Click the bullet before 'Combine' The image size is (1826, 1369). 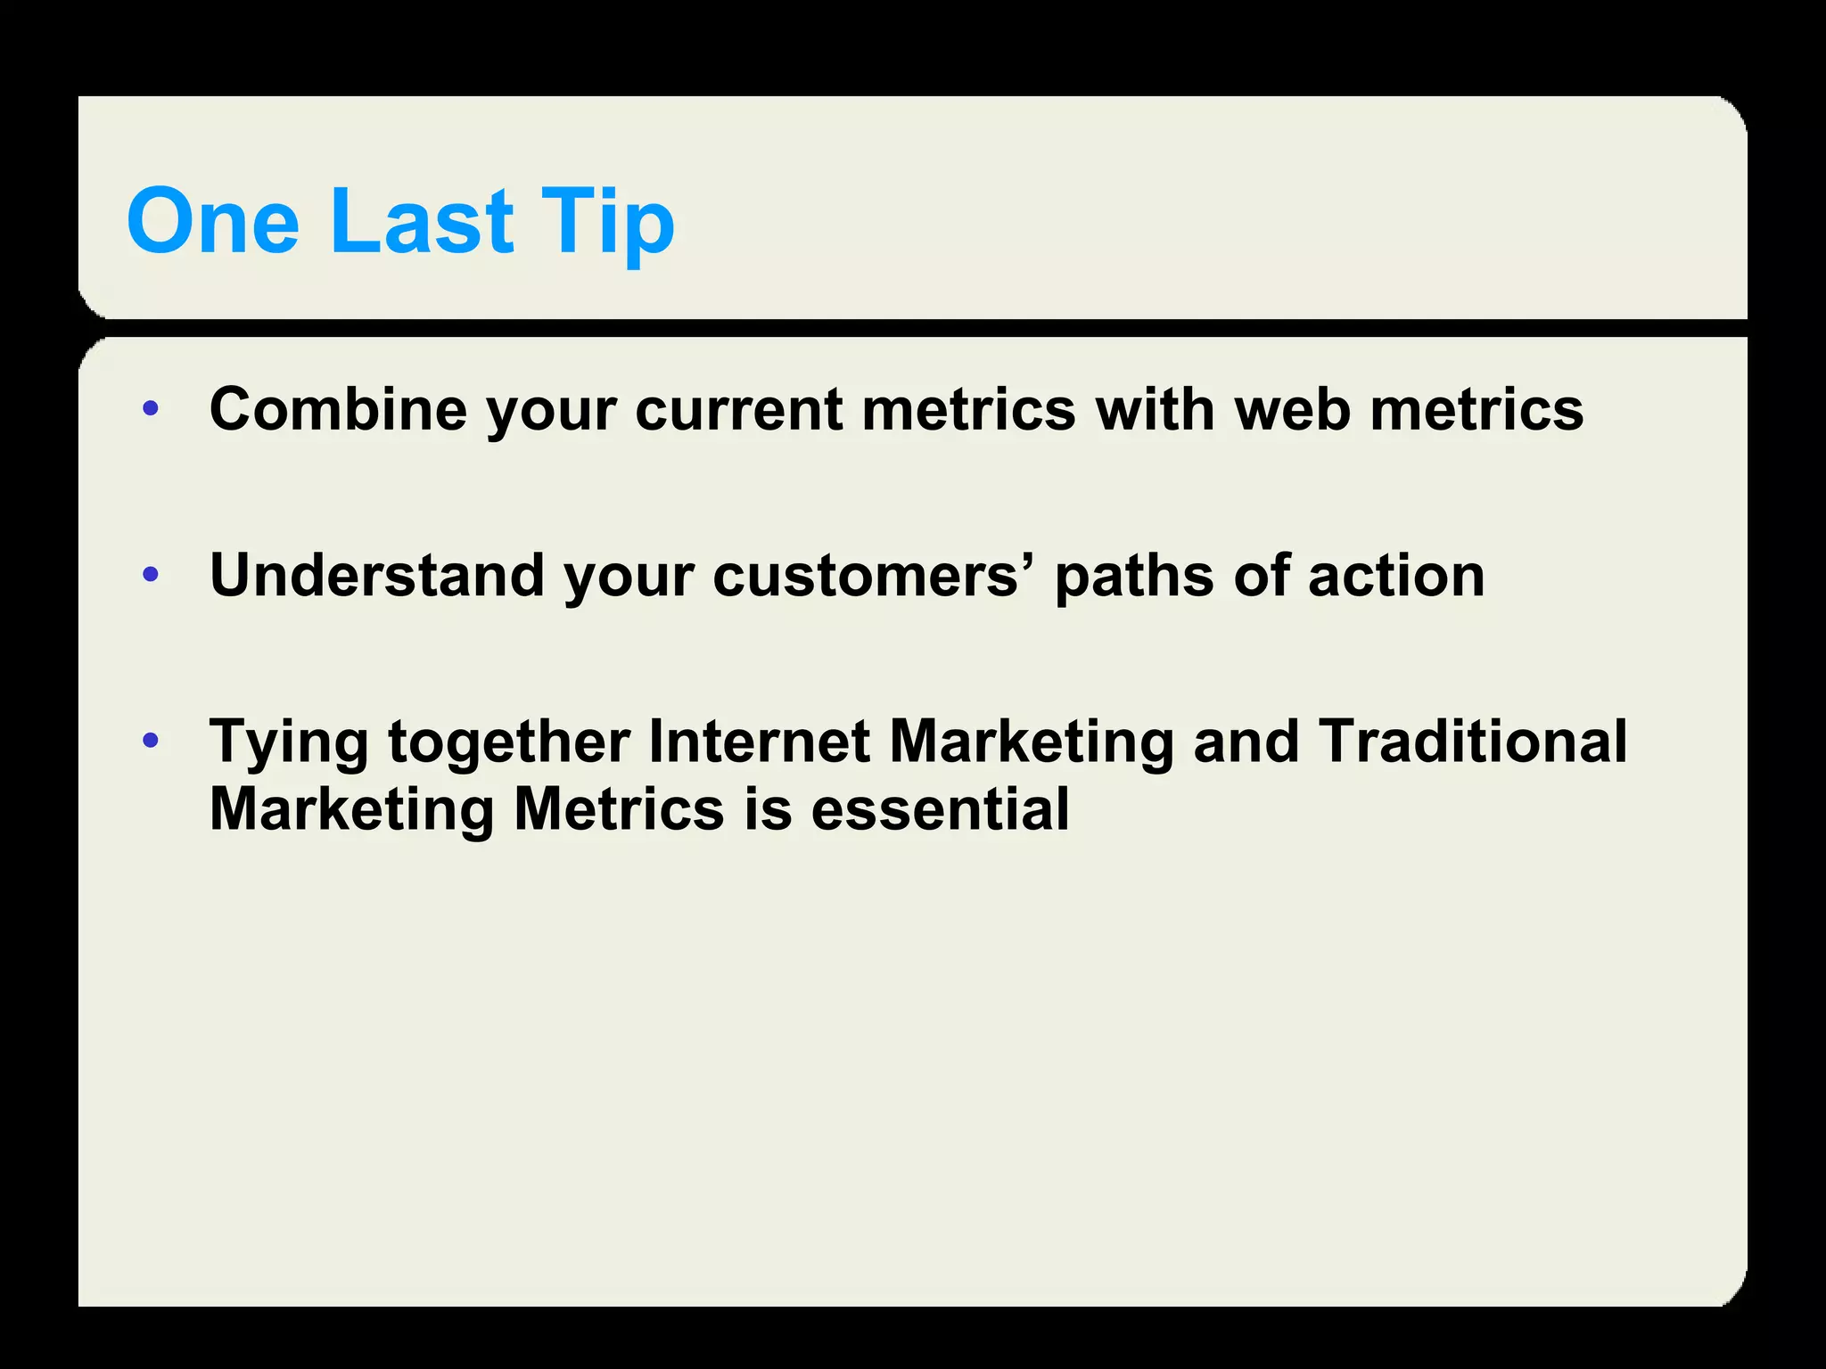pyautogui.click(x=151, y=409)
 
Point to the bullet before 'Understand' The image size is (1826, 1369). pyautogui.click(x=151, y=575)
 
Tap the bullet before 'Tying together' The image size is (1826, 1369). pyautogui.click(x=151, y=741)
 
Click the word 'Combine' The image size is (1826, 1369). pyautogui.click(x=338, y=409)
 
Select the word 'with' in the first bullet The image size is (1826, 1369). pyautogui.click(x=1155, y=409)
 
